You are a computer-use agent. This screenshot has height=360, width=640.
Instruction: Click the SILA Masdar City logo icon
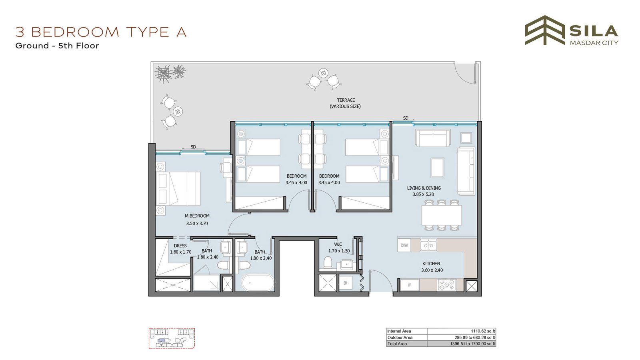coord(545,30)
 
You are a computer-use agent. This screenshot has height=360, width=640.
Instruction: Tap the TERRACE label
coord(346,100)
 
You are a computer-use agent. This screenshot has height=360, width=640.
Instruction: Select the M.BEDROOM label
coord(197,216)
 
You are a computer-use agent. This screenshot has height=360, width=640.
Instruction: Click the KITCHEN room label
coord(431,264)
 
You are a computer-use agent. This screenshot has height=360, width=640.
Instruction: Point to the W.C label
coord(338,244)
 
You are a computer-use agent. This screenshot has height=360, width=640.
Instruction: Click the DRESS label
coord(180,246)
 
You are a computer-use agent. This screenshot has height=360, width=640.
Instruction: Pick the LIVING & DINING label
coord(424,188)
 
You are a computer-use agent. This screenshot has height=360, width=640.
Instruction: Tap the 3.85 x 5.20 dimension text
coord(423,194)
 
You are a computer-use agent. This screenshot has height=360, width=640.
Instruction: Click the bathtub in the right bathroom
coord(258,282)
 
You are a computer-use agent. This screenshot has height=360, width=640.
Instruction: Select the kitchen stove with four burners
coord(446,284)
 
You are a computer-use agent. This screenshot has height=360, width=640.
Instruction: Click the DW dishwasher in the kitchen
coord(404,245)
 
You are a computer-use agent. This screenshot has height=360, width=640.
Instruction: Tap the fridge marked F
coord(410,285)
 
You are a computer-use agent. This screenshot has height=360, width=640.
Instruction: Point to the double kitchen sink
coord(428,245)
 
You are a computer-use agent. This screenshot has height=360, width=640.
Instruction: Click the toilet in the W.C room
coord(328,262)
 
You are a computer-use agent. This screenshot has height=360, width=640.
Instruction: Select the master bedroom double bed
coord(178,188)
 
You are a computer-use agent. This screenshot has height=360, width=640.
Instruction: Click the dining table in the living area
coord(442,215)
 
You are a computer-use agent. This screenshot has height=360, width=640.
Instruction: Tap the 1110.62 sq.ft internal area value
coord(483,331)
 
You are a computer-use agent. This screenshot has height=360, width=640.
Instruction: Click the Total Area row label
coord(397,344)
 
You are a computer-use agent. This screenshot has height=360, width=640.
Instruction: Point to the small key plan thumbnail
coord(172,338)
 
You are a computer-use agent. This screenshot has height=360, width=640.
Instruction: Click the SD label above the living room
coord(406,118)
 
